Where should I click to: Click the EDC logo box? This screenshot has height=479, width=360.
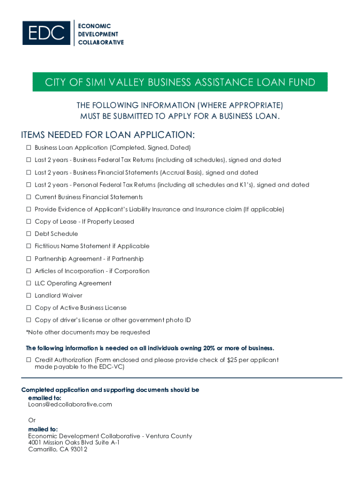46,33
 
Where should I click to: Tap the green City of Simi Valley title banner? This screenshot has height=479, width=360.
180,82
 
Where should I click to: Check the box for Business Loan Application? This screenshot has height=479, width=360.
28,148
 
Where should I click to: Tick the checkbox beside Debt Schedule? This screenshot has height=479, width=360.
28,234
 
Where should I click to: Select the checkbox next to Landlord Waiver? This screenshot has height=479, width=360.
28,296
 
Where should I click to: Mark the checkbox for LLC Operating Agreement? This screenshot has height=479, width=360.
28,283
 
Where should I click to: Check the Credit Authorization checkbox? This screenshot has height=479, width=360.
28,360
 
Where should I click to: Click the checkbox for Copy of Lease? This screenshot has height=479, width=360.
28,222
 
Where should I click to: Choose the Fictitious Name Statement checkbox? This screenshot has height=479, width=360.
28,246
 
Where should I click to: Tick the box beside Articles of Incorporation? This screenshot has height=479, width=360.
28,271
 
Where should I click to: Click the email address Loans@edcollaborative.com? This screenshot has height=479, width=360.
70,405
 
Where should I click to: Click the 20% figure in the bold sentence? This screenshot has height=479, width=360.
209,348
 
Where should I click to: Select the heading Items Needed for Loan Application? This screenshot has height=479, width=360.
108,135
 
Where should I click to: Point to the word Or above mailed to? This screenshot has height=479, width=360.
32,421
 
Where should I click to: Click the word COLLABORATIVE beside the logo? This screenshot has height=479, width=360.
101,43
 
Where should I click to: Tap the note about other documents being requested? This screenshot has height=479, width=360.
88,333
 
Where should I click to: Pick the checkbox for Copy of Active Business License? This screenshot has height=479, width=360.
28,308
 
